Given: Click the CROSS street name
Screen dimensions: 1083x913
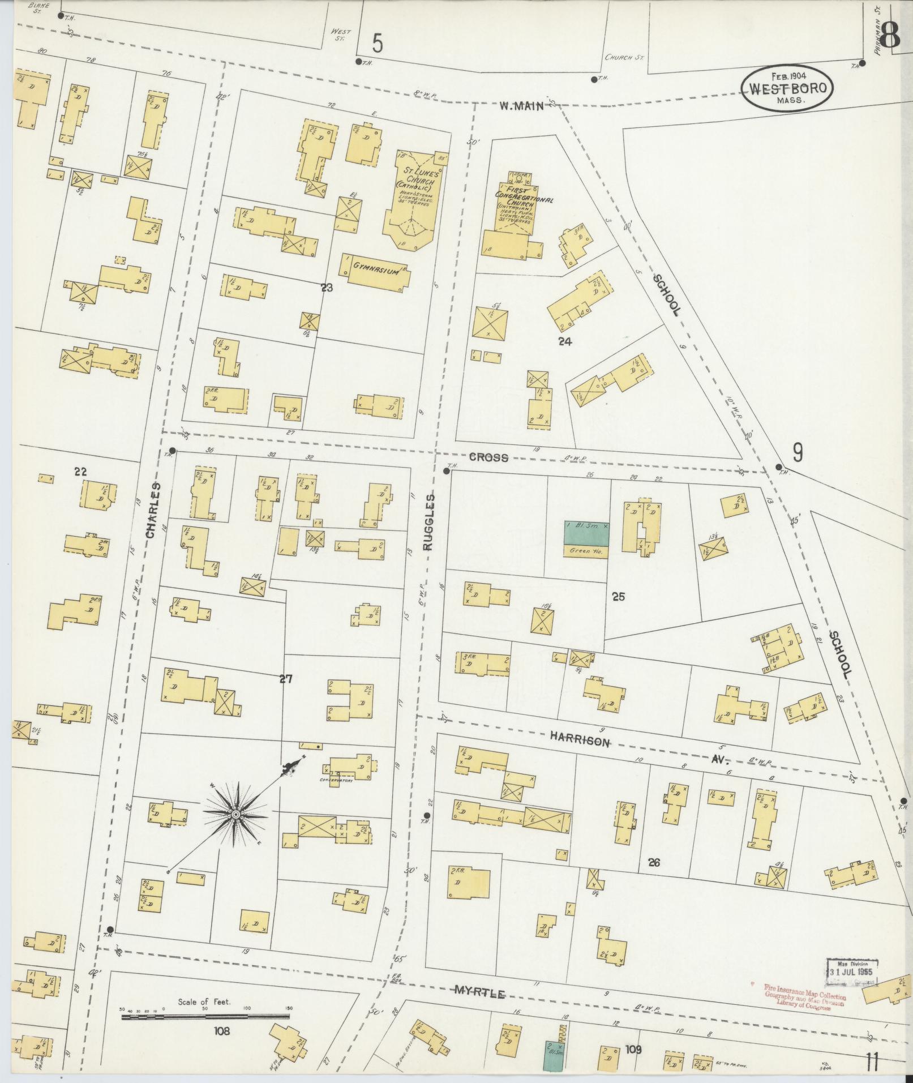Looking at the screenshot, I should pos(488,457).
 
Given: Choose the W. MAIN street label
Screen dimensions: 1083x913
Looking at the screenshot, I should pos(521,104).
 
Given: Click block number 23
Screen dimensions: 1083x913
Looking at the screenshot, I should pos(327,288).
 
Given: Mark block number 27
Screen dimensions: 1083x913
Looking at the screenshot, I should pos(286,679).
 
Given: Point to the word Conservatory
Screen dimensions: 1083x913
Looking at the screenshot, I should pos(336,781).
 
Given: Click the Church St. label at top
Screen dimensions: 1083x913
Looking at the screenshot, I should pos(625,57).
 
